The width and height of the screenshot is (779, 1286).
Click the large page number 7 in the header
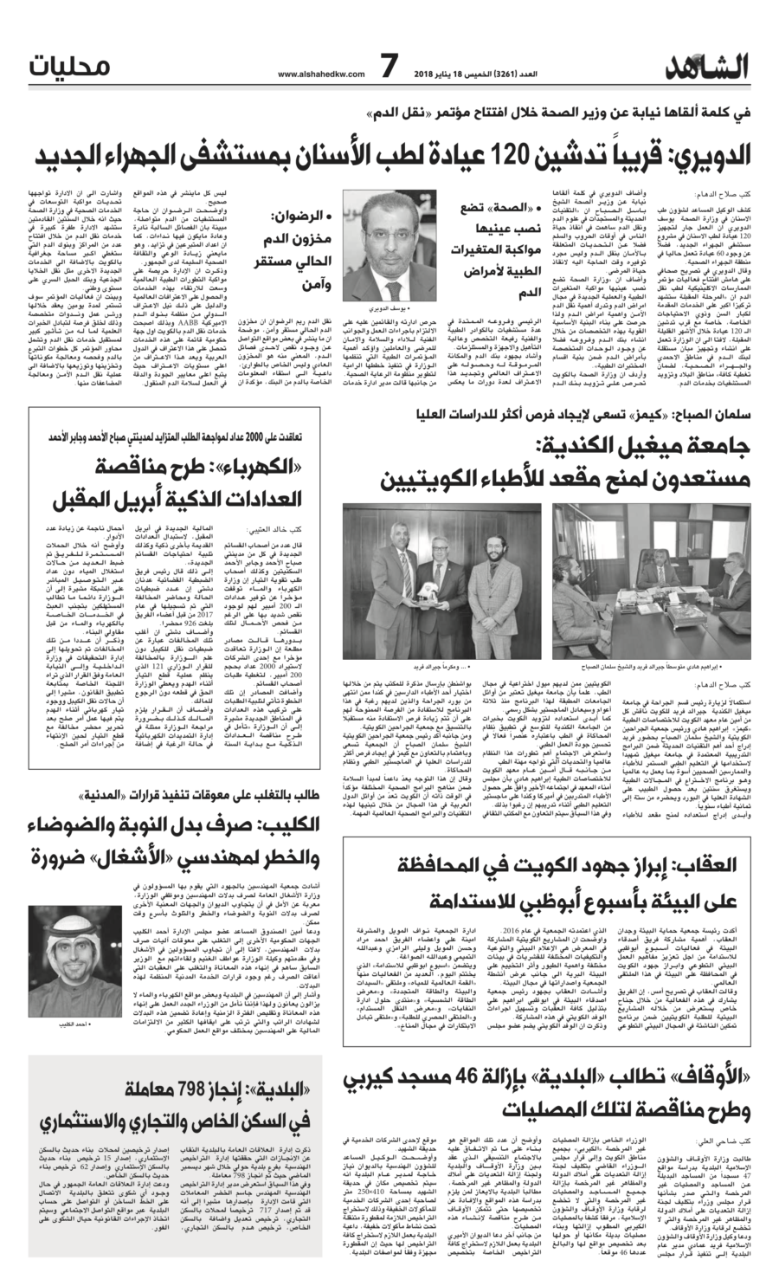389,66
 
